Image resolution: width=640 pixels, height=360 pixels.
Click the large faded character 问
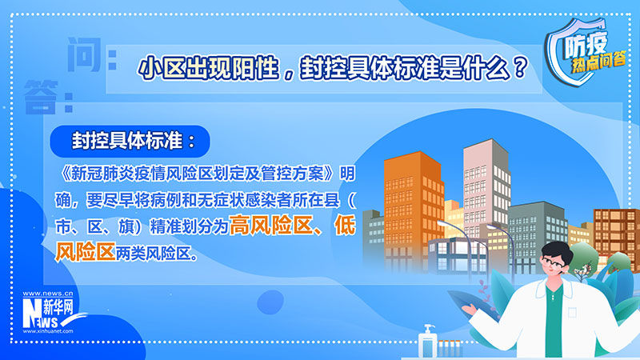pos(84,54)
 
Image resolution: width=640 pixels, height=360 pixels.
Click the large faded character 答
pos(40,97)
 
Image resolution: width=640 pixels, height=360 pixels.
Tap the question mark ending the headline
pos(519,68)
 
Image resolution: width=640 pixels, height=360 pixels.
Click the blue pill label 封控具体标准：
pos(130,142)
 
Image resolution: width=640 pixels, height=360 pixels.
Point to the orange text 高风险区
pos(271,225)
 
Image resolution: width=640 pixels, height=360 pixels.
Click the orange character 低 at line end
pos(345,225)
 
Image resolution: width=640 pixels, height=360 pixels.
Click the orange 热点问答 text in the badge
pos(598,62)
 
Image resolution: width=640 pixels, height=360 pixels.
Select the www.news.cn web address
pos(48,294)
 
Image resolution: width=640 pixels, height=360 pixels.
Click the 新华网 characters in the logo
pos(58,306)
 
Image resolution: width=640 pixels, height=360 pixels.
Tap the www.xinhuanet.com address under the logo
pos(48,331)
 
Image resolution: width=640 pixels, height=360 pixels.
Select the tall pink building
pos(486,188)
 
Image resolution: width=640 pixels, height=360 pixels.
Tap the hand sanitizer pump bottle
pos(427,343)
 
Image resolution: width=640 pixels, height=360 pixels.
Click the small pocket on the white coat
pos(572,313)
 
